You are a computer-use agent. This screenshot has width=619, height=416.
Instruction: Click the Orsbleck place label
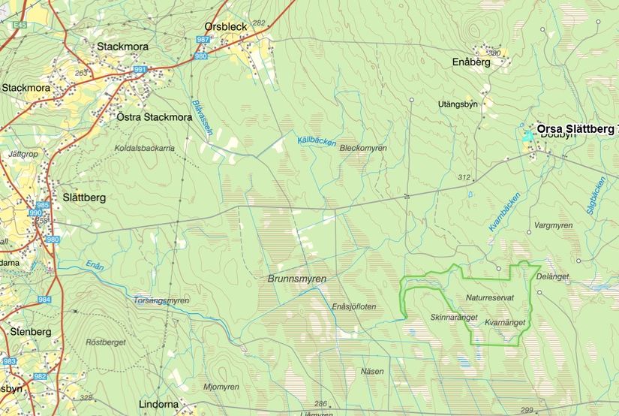click(226, 26)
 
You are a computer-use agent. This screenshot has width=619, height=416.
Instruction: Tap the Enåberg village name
click(472, 62)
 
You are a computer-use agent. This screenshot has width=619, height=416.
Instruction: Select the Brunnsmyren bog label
click(297, 278)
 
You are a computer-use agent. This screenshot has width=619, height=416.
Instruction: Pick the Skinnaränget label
click(454, 318)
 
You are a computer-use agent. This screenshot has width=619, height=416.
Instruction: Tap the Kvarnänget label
click(504, 323)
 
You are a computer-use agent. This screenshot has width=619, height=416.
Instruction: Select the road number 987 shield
click(203, 38)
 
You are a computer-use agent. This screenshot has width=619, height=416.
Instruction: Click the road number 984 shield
click(44, 300)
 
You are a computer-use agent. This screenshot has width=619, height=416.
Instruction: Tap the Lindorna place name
click(159, 404)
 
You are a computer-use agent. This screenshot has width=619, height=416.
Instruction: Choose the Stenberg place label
click(31, 331)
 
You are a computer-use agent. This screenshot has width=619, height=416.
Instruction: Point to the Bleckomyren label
click(363, 149)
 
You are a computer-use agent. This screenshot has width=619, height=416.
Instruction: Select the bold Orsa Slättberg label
click(575, 129)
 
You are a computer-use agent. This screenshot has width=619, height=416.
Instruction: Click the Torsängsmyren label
click(160, 300)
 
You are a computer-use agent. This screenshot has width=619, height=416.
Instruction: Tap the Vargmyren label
click(554, 225)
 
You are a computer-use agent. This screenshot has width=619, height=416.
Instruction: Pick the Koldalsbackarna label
click(144, 149)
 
